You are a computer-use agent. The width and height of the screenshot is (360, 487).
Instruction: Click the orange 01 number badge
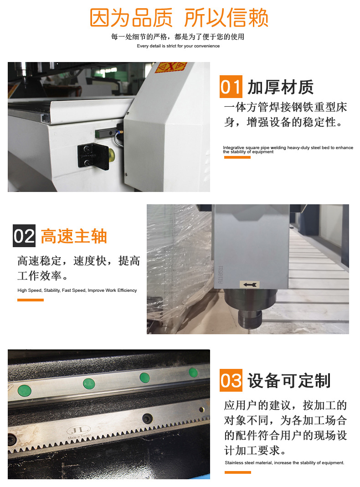(231, 87)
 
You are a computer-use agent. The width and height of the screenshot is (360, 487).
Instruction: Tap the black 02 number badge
(24, 237)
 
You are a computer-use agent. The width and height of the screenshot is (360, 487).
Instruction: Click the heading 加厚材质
(281, 87)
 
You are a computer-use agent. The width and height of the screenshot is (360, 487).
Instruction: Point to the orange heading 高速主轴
(74, 237)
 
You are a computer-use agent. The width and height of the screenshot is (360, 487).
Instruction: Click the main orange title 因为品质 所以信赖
(179, 18)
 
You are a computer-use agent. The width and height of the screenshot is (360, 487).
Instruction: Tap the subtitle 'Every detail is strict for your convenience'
(178, 46)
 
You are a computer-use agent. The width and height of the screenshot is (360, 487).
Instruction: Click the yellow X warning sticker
(171, 67)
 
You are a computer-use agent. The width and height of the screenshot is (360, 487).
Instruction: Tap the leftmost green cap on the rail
(24, 391)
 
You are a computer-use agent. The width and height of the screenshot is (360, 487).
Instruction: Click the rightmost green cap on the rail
(193, 373)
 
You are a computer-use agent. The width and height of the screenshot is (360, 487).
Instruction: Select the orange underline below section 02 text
(31, 300)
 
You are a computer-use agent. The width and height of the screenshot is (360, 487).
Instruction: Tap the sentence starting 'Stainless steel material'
(284, 463)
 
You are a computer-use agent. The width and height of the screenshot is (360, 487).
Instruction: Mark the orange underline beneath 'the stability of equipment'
(237, 157)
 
